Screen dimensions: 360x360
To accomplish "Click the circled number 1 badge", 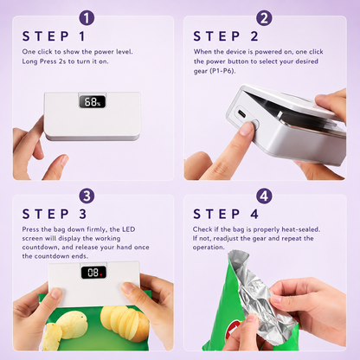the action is [x=87, y=18].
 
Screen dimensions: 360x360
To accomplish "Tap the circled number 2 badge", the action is [x=264, y=18].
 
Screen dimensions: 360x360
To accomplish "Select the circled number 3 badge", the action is [x=87, y=196].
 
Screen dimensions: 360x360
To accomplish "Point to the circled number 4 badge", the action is [x=264, y=196].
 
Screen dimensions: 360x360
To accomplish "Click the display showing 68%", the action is [x=93, y=101].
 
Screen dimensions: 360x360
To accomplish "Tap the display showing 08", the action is [x=93, y=273].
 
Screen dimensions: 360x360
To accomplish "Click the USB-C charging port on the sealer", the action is [x=241, y=113].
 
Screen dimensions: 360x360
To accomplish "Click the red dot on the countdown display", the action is [x=101, y=274].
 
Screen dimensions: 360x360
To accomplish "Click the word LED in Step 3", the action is [x=128, y=229].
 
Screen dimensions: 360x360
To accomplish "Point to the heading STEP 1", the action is [x=54, y=36].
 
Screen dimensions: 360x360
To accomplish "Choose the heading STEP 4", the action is [x=226, y=215].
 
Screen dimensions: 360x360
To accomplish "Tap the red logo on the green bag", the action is [x=231, y=330].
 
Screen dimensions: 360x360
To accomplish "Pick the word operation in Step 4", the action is [x=208, y=247].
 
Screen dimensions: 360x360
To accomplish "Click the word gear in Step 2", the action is [x=201, y=71].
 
